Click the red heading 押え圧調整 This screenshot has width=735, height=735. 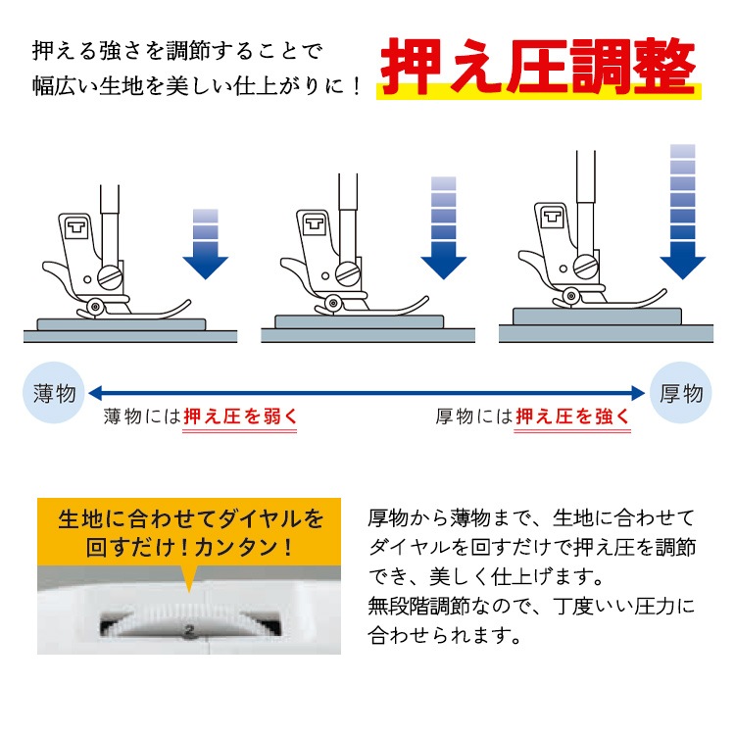coord(538,66)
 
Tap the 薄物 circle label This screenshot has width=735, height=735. coord(54,393)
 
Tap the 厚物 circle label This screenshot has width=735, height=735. coord(681,393)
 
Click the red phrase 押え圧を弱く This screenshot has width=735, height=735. coord(240,416)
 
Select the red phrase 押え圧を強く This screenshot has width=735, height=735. coord(572,416)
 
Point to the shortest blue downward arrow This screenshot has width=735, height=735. coord(206,244)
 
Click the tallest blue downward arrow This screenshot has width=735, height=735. coord(682,212)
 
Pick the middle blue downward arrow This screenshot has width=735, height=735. coord(443,228)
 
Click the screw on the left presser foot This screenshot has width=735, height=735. coord(110,278)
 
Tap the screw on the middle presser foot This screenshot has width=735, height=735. coord(348,273)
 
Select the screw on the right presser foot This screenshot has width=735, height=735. coord(586,268)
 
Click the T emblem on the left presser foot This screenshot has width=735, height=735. coord(76,228)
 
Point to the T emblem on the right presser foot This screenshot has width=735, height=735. coord(552,217)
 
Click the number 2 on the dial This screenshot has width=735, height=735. coord(189,631)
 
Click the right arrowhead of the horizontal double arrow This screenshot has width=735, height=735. coord(638,393)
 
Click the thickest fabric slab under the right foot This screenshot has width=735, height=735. coord(597,317)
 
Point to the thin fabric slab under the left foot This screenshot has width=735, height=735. coord(122,324)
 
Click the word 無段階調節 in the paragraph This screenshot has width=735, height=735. coord(418,606)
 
